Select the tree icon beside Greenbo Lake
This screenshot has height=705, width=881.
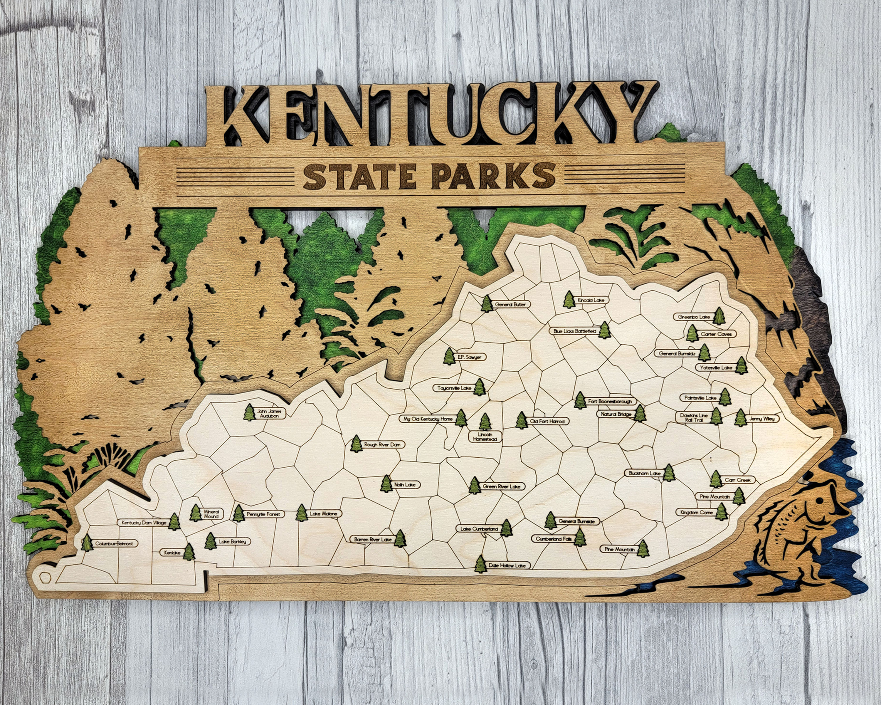click(x=719, y=316)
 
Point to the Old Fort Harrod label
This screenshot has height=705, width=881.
click(x=547, y=421)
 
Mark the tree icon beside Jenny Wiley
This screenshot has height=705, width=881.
click(x=740, y=418)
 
